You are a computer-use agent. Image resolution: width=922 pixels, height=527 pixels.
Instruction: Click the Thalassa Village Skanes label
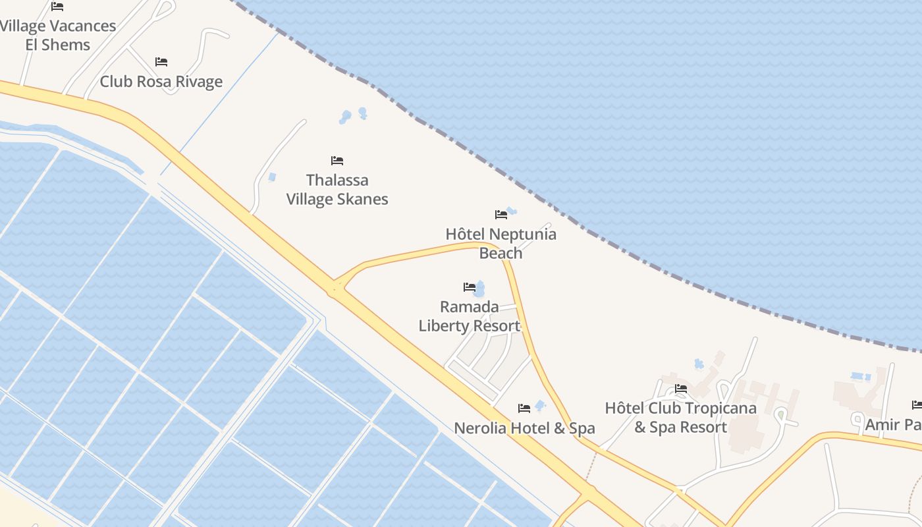click(x=337, y=190)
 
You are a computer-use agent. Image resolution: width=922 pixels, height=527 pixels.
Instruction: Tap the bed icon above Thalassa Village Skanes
click(x=337, y=161)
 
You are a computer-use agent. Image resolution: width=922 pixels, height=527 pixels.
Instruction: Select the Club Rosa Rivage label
click(x=161, y=82)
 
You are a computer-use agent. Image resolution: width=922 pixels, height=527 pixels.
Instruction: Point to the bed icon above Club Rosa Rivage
click(x=161, y=62)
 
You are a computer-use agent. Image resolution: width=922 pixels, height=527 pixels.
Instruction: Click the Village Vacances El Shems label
click(x=58, y=36)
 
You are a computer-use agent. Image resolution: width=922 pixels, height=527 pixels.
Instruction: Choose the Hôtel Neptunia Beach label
click(x=501, y=244)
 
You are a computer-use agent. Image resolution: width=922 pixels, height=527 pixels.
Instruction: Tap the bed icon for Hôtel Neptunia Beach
click(x=501, y=214)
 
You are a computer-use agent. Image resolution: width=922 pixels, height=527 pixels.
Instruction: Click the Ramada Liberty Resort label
click(x=470, y=316)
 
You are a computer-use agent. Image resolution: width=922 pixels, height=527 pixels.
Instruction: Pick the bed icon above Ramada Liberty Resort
click(x=469, y=287)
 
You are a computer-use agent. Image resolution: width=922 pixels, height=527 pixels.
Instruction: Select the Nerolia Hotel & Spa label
click(x=524, y=428)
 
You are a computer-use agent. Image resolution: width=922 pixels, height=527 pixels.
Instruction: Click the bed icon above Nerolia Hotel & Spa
click(x=524, y=408)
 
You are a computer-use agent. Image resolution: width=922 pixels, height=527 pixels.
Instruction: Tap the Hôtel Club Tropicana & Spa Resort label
click(x=680, y=418)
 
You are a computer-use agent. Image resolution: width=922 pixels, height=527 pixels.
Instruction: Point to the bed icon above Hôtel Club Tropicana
click(x=681, y=389)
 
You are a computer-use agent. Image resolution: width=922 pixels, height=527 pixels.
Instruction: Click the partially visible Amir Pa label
click(x=893, y=425)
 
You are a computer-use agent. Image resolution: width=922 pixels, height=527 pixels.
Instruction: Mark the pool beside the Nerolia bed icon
click(x=541, y=405)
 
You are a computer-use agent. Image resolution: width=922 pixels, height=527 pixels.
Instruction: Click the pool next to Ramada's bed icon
click(x=480, y=289)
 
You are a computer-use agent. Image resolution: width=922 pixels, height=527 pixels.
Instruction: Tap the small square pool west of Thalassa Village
click(x=272, y=177)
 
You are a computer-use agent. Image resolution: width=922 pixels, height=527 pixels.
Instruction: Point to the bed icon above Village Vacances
click(x=57, y=7)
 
